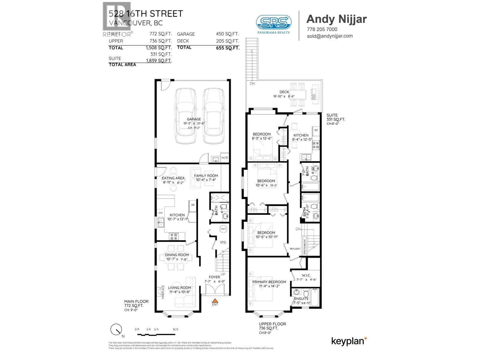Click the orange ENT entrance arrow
pyautogui.click(x=215, y=300)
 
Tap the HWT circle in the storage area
pyautogui.click(x=223, y=229)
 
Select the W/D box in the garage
pyautogui.click(x=225, y=158)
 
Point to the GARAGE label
pyautogui.click(x=194, y=119)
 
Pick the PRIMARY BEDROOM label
pyautogui.click(x=269, y=282)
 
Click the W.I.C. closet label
pyautogui.click(x=306, y=275)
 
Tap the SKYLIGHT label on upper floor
pyautogui.click(x=295, y=249)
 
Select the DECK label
pyautogui.click(x=284, y=92)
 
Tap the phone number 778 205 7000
pyautogui.click(x=322, y=29)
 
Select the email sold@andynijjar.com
pyautogui.click(x=330, y=36)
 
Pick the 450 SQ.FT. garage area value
pyautogui.click(x=227, y=34)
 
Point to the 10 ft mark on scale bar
pyautogui.click(x=175, y=329)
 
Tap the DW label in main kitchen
pyautogui.click(x=161, y=213)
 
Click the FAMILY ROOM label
pyautogui.click(x=206, y=176)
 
